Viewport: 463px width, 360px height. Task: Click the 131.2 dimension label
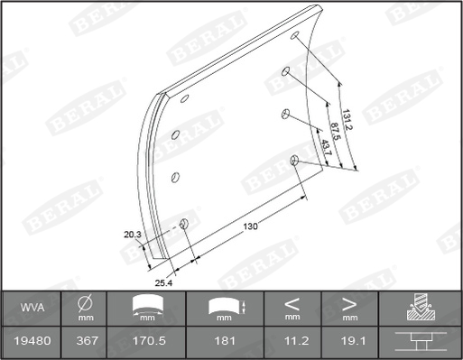[x=347, y=120]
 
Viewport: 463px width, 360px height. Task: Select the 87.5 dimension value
[x=335, y=131]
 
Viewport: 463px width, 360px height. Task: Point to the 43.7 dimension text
[x=327, y=147]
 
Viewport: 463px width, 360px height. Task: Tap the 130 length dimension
[x=251, y=226]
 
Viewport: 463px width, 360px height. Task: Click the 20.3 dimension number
[x=133, y=235]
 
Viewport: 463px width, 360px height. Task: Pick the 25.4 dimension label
[x=163, y=283]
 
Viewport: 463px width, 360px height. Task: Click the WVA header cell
[x=32, y=308]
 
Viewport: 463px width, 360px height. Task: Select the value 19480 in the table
[x=32, y=341]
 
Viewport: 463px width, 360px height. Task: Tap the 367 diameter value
[x=87, y=341]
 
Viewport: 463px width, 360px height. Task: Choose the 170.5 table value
[x=149, y=341]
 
